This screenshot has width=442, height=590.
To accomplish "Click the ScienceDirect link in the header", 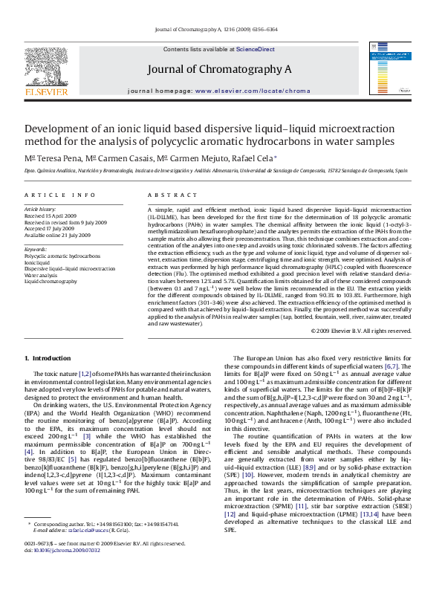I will click(x=256, y=50).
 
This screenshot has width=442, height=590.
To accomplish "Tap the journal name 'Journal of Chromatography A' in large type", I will click(x=219, y=69).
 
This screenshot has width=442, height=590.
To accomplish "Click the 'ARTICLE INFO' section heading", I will click(x=60, y=195).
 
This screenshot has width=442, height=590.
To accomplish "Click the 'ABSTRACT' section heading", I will click(x=168, y=195).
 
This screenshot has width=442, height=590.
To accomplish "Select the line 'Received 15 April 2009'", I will click(x=53, y=216).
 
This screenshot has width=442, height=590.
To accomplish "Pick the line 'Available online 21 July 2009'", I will click(x=58, y=235).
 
